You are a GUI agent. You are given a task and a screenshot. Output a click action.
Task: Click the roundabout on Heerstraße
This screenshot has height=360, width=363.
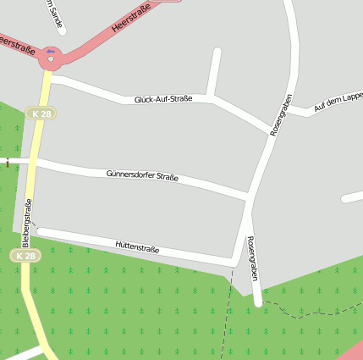[x=51, y=58]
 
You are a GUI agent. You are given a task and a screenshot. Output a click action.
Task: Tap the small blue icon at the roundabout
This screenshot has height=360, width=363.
[x=51, y=52]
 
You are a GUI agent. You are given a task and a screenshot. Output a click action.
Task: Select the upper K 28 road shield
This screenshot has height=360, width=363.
[x=40, y=114]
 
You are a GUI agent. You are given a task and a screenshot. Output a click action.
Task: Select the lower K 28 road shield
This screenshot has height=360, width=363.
[x=25, y=255]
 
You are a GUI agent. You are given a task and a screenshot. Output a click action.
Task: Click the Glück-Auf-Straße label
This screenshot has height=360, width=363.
[x=163, y=99]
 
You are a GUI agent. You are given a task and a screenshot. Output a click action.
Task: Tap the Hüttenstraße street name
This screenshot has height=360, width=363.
[x=137, y=246]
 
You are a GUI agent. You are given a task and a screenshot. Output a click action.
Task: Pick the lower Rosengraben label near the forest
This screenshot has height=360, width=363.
[x=251, y=259]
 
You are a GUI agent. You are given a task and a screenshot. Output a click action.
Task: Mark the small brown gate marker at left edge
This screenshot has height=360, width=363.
[x=8, y=162]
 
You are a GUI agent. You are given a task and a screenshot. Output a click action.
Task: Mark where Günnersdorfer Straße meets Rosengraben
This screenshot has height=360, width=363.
[x=249, y=198]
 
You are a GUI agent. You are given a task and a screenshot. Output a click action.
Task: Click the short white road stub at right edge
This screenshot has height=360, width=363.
[x=353, y=198]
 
